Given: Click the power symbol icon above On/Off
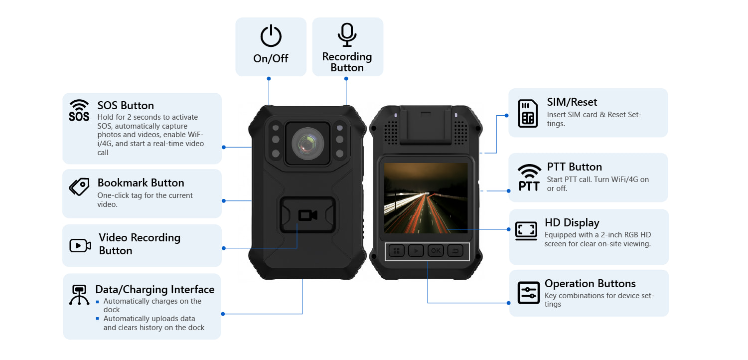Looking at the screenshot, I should [271, 36].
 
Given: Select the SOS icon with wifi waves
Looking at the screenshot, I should [79, 111].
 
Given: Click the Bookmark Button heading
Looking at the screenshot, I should [141, 183].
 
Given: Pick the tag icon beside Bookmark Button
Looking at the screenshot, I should [79, 187].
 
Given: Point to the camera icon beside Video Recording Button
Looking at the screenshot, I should [80, 245].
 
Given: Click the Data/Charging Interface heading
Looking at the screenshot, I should [154, 290].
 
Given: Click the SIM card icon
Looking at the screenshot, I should [528, 113].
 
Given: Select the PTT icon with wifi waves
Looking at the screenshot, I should [529, 178].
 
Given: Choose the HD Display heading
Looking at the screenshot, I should [572, 223].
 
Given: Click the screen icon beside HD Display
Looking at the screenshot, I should [526, 231].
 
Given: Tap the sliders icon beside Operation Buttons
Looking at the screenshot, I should [528, 293].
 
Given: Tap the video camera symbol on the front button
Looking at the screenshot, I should [307, 215].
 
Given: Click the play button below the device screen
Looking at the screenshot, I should [416, 251].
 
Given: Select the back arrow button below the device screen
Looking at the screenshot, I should [455, 251].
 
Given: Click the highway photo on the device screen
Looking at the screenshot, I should [426, 198].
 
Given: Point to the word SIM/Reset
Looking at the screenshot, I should [572, 102].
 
